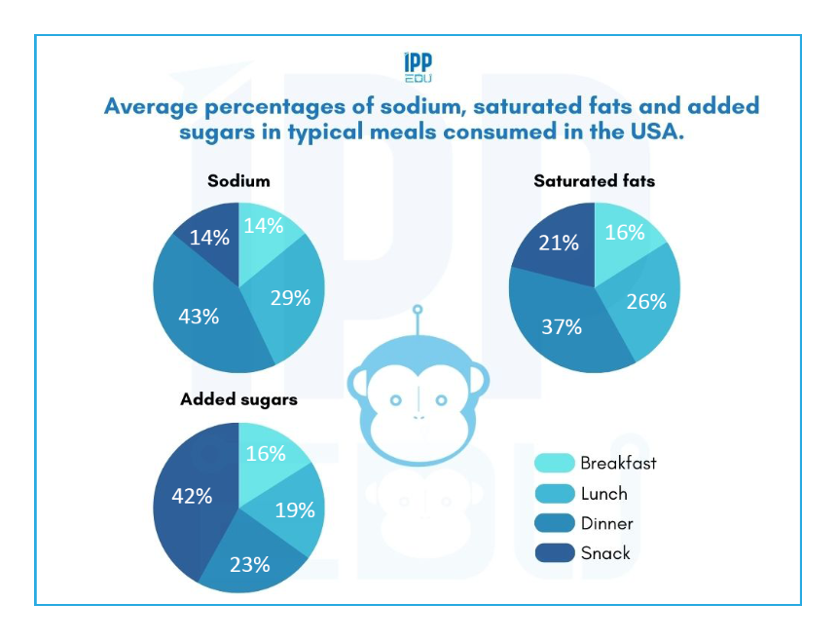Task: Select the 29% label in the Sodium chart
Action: coord(290,298)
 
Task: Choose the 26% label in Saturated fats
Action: coord(646,301)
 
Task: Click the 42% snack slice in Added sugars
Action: coord(192,495)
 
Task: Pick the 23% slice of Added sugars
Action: coord(250,564)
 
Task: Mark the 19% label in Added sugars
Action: coord(294,509)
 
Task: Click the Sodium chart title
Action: coord(238,181)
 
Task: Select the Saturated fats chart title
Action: coord(594,181)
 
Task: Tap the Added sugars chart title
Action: coord(238,399)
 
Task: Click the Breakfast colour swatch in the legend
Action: coord(554,464)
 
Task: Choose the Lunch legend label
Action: coord(603,494)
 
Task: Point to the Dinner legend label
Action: coord(606,524)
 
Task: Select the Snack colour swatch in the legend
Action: coord(554,553)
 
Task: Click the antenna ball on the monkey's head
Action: coord(419,312)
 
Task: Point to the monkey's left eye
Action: coord(395,400)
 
